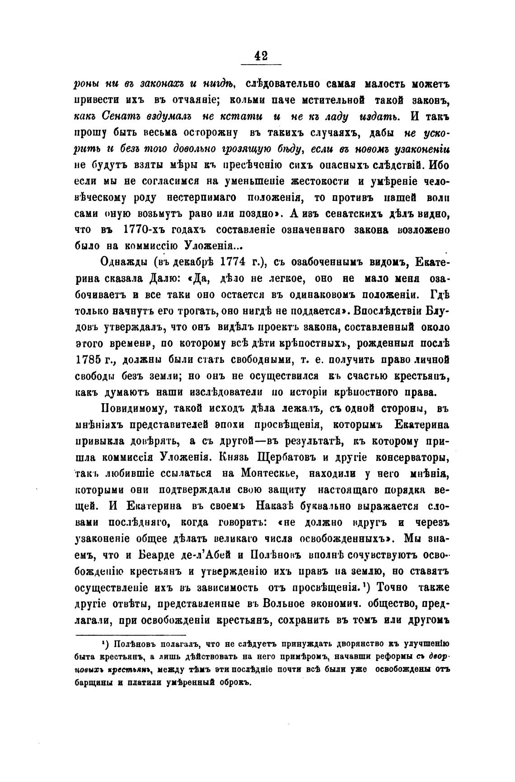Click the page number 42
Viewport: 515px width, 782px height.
[x=261, y=56]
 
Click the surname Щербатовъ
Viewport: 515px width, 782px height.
[x=285, y=458]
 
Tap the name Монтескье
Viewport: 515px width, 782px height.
[x=268, y=474]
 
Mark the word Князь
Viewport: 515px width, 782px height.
[x=234, y=458]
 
